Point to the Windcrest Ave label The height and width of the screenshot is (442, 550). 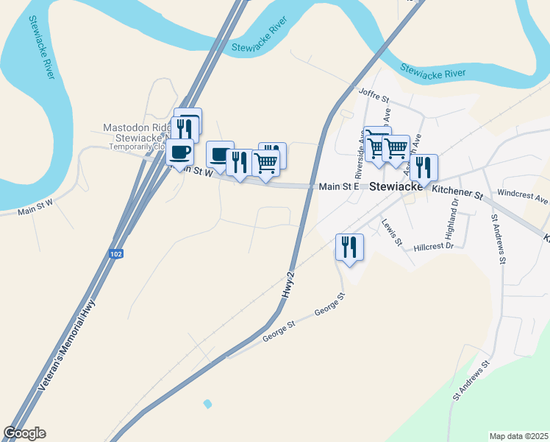coord(523,199)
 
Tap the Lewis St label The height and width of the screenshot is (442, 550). coord(392,231)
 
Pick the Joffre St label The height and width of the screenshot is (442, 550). coord(372,93)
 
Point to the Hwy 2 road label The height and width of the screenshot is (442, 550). coord(288,284)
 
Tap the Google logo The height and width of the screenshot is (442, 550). coord(24,433)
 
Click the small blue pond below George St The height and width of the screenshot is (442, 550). coord(207,404)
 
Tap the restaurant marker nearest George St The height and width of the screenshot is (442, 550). coord(349,248)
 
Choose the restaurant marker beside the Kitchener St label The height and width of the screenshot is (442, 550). coord(424,168)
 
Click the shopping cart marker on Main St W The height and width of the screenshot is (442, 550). coord(265,163)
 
